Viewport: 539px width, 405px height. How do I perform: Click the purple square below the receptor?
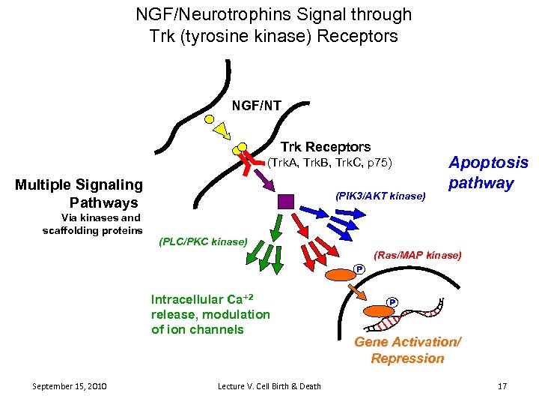286,201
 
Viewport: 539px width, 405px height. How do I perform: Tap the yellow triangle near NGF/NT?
221,131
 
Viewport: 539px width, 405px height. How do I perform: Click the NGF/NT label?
256,106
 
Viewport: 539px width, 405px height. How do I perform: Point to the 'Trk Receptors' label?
325,147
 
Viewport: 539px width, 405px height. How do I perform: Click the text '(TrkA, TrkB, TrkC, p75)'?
329,163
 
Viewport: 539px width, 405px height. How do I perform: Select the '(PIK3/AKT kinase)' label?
381,196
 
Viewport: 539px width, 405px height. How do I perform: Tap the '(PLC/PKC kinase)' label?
202,241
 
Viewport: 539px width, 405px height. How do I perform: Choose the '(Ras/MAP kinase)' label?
417,255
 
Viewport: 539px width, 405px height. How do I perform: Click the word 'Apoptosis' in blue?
487,163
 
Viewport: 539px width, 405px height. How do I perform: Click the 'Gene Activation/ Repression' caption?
407,350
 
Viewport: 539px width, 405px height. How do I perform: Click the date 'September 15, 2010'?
70,386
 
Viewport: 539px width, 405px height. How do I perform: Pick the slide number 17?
502,386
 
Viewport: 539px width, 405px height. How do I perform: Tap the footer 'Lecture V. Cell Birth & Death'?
269,386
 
